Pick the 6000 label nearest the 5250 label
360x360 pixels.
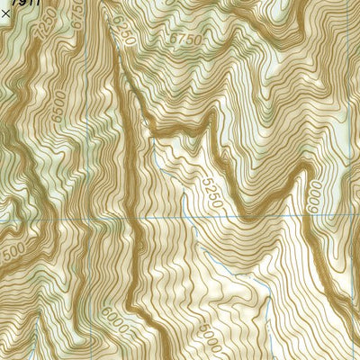click(x=314, y=199)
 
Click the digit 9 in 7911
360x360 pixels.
click(x=20, y=4)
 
